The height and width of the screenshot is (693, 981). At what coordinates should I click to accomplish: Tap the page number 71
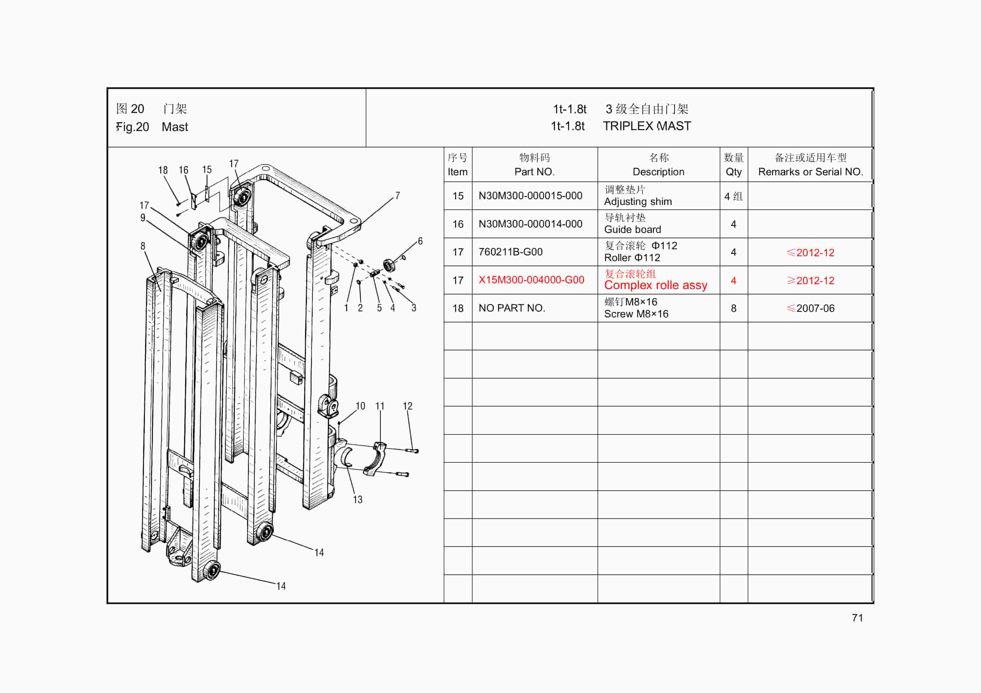point(857,618)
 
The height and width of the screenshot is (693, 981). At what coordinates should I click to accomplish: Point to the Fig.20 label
point(133,127)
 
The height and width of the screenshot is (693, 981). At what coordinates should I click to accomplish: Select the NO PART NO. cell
point(511,308)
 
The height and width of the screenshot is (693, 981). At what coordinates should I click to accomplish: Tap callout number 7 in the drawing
point(397,196)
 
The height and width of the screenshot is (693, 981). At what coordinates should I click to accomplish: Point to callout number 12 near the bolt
point(407,406)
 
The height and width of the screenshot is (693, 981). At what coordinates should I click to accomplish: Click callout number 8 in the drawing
point(143,246)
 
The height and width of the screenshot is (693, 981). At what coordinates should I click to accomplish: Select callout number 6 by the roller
point(420,241)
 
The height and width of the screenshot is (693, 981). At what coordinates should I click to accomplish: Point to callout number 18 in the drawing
point(163,170)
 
